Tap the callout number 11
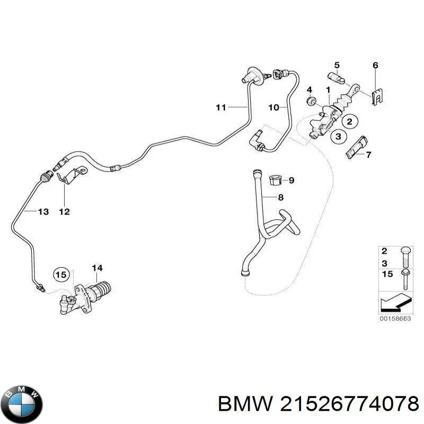point(221,108)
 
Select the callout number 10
point(273,108)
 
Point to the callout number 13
point(43,211)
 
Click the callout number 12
point(64,211)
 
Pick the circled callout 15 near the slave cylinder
point(61,275)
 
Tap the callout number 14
point(97,268)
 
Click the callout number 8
point(280,198)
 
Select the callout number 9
point(291,180)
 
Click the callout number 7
point(369,155)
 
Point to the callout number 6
point(375,65)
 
